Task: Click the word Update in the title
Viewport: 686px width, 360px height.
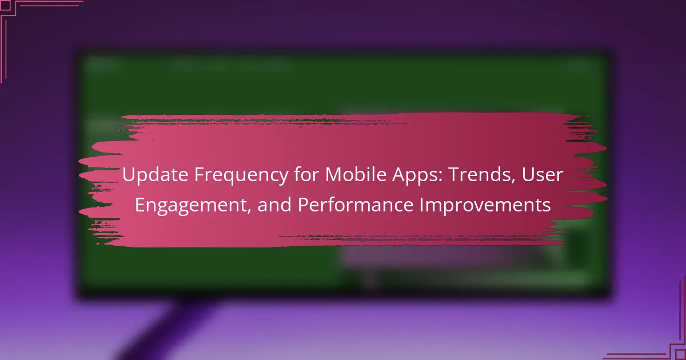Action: tap(155, 175)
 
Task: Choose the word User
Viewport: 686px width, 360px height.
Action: tap(543, 174)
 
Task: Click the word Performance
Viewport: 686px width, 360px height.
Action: tap(355, 205)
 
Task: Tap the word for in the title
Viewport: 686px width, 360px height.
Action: tap(306, 174)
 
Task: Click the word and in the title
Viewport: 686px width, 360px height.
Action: tap(274, 205)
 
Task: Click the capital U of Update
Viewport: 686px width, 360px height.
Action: tap(129, 175)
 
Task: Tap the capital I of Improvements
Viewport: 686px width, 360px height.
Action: tap(421, 205)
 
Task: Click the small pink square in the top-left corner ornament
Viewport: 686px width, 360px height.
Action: tap(6, 6)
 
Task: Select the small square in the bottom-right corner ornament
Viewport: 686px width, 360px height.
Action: tap(681, 355)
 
